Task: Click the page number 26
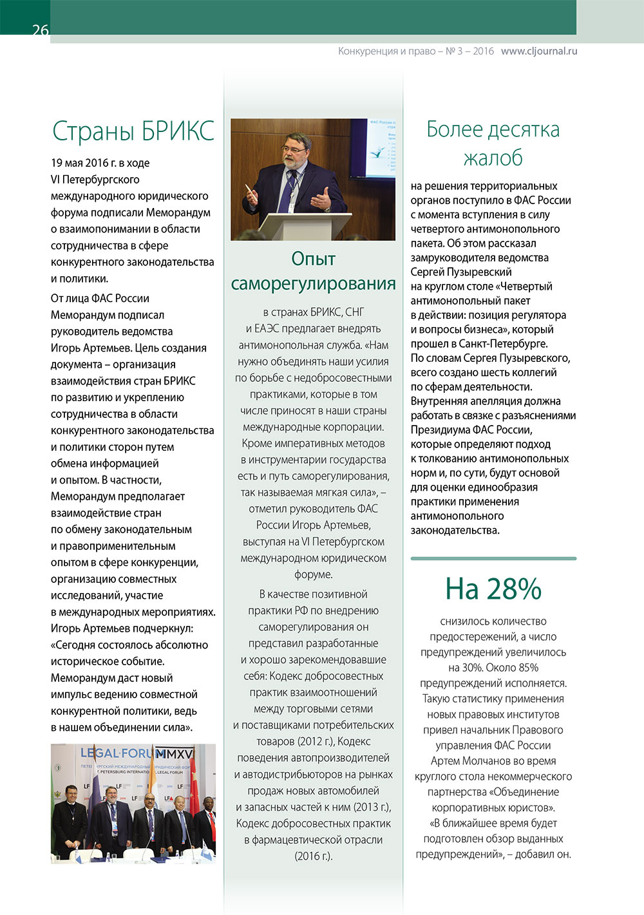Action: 40,30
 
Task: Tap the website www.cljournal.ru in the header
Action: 538,51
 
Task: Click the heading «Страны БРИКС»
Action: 133,131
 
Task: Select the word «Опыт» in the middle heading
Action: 313,258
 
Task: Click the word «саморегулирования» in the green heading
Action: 313,283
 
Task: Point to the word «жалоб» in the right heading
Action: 493,158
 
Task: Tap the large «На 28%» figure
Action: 493,589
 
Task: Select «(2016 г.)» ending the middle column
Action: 313,856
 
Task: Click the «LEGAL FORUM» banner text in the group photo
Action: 122,753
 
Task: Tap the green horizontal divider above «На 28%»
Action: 493,558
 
